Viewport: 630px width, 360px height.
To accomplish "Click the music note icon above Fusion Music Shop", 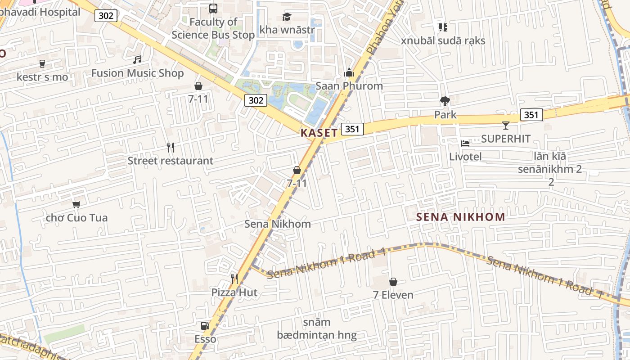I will click(x=137, y=60).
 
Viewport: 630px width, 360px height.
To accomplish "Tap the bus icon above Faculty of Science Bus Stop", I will click(x=213, y=8).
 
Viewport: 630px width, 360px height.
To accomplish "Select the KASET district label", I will click(x=319, y=133).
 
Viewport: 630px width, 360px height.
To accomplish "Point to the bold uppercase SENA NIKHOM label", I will click(x=460, y=217).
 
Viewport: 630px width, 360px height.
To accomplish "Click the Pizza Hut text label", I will click(x=234, y=292).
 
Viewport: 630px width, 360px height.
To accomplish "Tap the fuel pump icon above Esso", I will click(x=205, y=326).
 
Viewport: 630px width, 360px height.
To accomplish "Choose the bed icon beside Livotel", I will click(x=465, y=144).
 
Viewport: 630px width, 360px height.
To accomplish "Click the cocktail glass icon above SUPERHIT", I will click(x=506, y=125).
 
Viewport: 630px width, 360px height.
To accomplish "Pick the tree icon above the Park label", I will click(x=445, y=101).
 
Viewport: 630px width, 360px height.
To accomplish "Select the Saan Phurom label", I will click(x=349, y=85).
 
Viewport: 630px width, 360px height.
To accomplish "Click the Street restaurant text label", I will click(x=171, y=161).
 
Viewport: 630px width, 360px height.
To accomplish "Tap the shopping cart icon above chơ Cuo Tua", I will click(x=76, y=204).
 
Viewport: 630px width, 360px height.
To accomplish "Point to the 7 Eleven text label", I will click(x=393, y=295).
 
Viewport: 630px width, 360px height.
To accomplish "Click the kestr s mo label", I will click(x=42, y=77).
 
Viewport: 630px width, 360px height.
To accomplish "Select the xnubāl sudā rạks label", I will click(x=443, y=40).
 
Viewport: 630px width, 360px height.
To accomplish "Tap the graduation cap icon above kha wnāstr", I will click(x=287, y=17).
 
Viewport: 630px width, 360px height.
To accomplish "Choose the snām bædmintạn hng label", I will click(x=317, y=329).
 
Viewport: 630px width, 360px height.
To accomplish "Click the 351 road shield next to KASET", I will click(x=352, y=130).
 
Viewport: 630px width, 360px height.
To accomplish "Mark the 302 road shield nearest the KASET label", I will click(x=256, y=100).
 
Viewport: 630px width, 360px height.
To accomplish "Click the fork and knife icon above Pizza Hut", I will click(x=234, y=279).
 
